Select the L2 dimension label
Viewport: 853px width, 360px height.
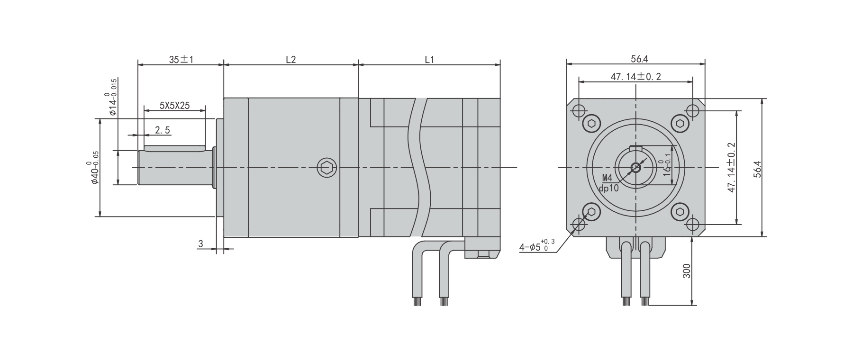pyautogui.click(x=290, y=60)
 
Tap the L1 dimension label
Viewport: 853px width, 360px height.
pyautogui.click(x=429, y=60)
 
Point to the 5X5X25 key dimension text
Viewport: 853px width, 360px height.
pyautogui.click(x=174, y=105)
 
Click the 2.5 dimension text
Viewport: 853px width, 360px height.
pyautogui.click(x=162, y=130)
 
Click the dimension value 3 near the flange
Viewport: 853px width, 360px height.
pyautogui.click(x=200, y=243)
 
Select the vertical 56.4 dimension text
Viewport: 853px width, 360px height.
pyautogui.click(x=757, y=169)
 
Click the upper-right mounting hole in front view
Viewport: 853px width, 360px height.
pyautogui.click(x=692, y=111)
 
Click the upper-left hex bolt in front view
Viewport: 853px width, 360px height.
pyautogui.click(x=591, y=124)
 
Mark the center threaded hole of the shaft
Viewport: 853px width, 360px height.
pyautogui.click(x=635, y=167)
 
